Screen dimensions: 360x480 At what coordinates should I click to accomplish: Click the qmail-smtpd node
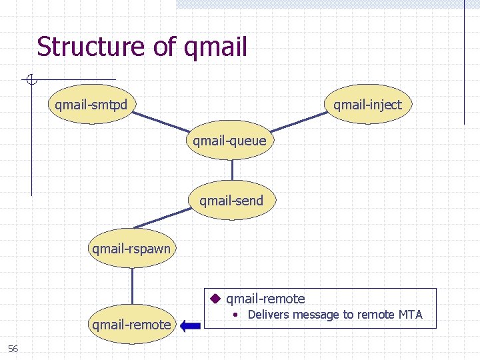[x=92, y=105]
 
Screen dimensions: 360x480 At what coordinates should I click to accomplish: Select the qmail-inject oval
[x=368, y=105]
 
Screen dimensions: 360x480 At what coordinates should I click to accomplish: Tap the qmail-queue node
[x=230, y=141]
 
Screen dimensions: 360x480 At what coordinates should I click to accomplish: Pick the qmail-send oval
[x=231, y=201]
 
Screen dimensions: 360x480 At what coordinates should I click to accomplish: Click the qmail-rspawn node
[x=131, y=249]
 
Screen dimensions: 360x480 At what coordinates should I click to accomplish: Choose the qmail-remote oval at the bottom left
[x=131, y=325]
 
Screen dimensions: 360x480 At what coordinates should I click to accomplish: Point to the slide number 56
[x=13, y=349]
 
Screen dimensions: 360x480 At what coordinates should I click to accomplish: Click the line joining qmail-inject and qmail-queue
[x=300, y=122]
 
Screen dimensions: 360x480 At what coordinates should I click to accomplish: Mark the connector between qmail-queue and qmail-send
[x=231, y=171]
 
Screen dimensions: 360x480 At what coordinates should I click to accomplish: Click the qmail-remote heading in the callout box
[x=265, y=299]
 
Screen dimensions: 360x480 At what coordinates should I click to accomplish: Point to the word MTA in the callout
[x=409, y=315]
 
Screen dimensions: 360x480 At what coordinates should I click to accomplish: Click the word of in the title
[x=163, y=47]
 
